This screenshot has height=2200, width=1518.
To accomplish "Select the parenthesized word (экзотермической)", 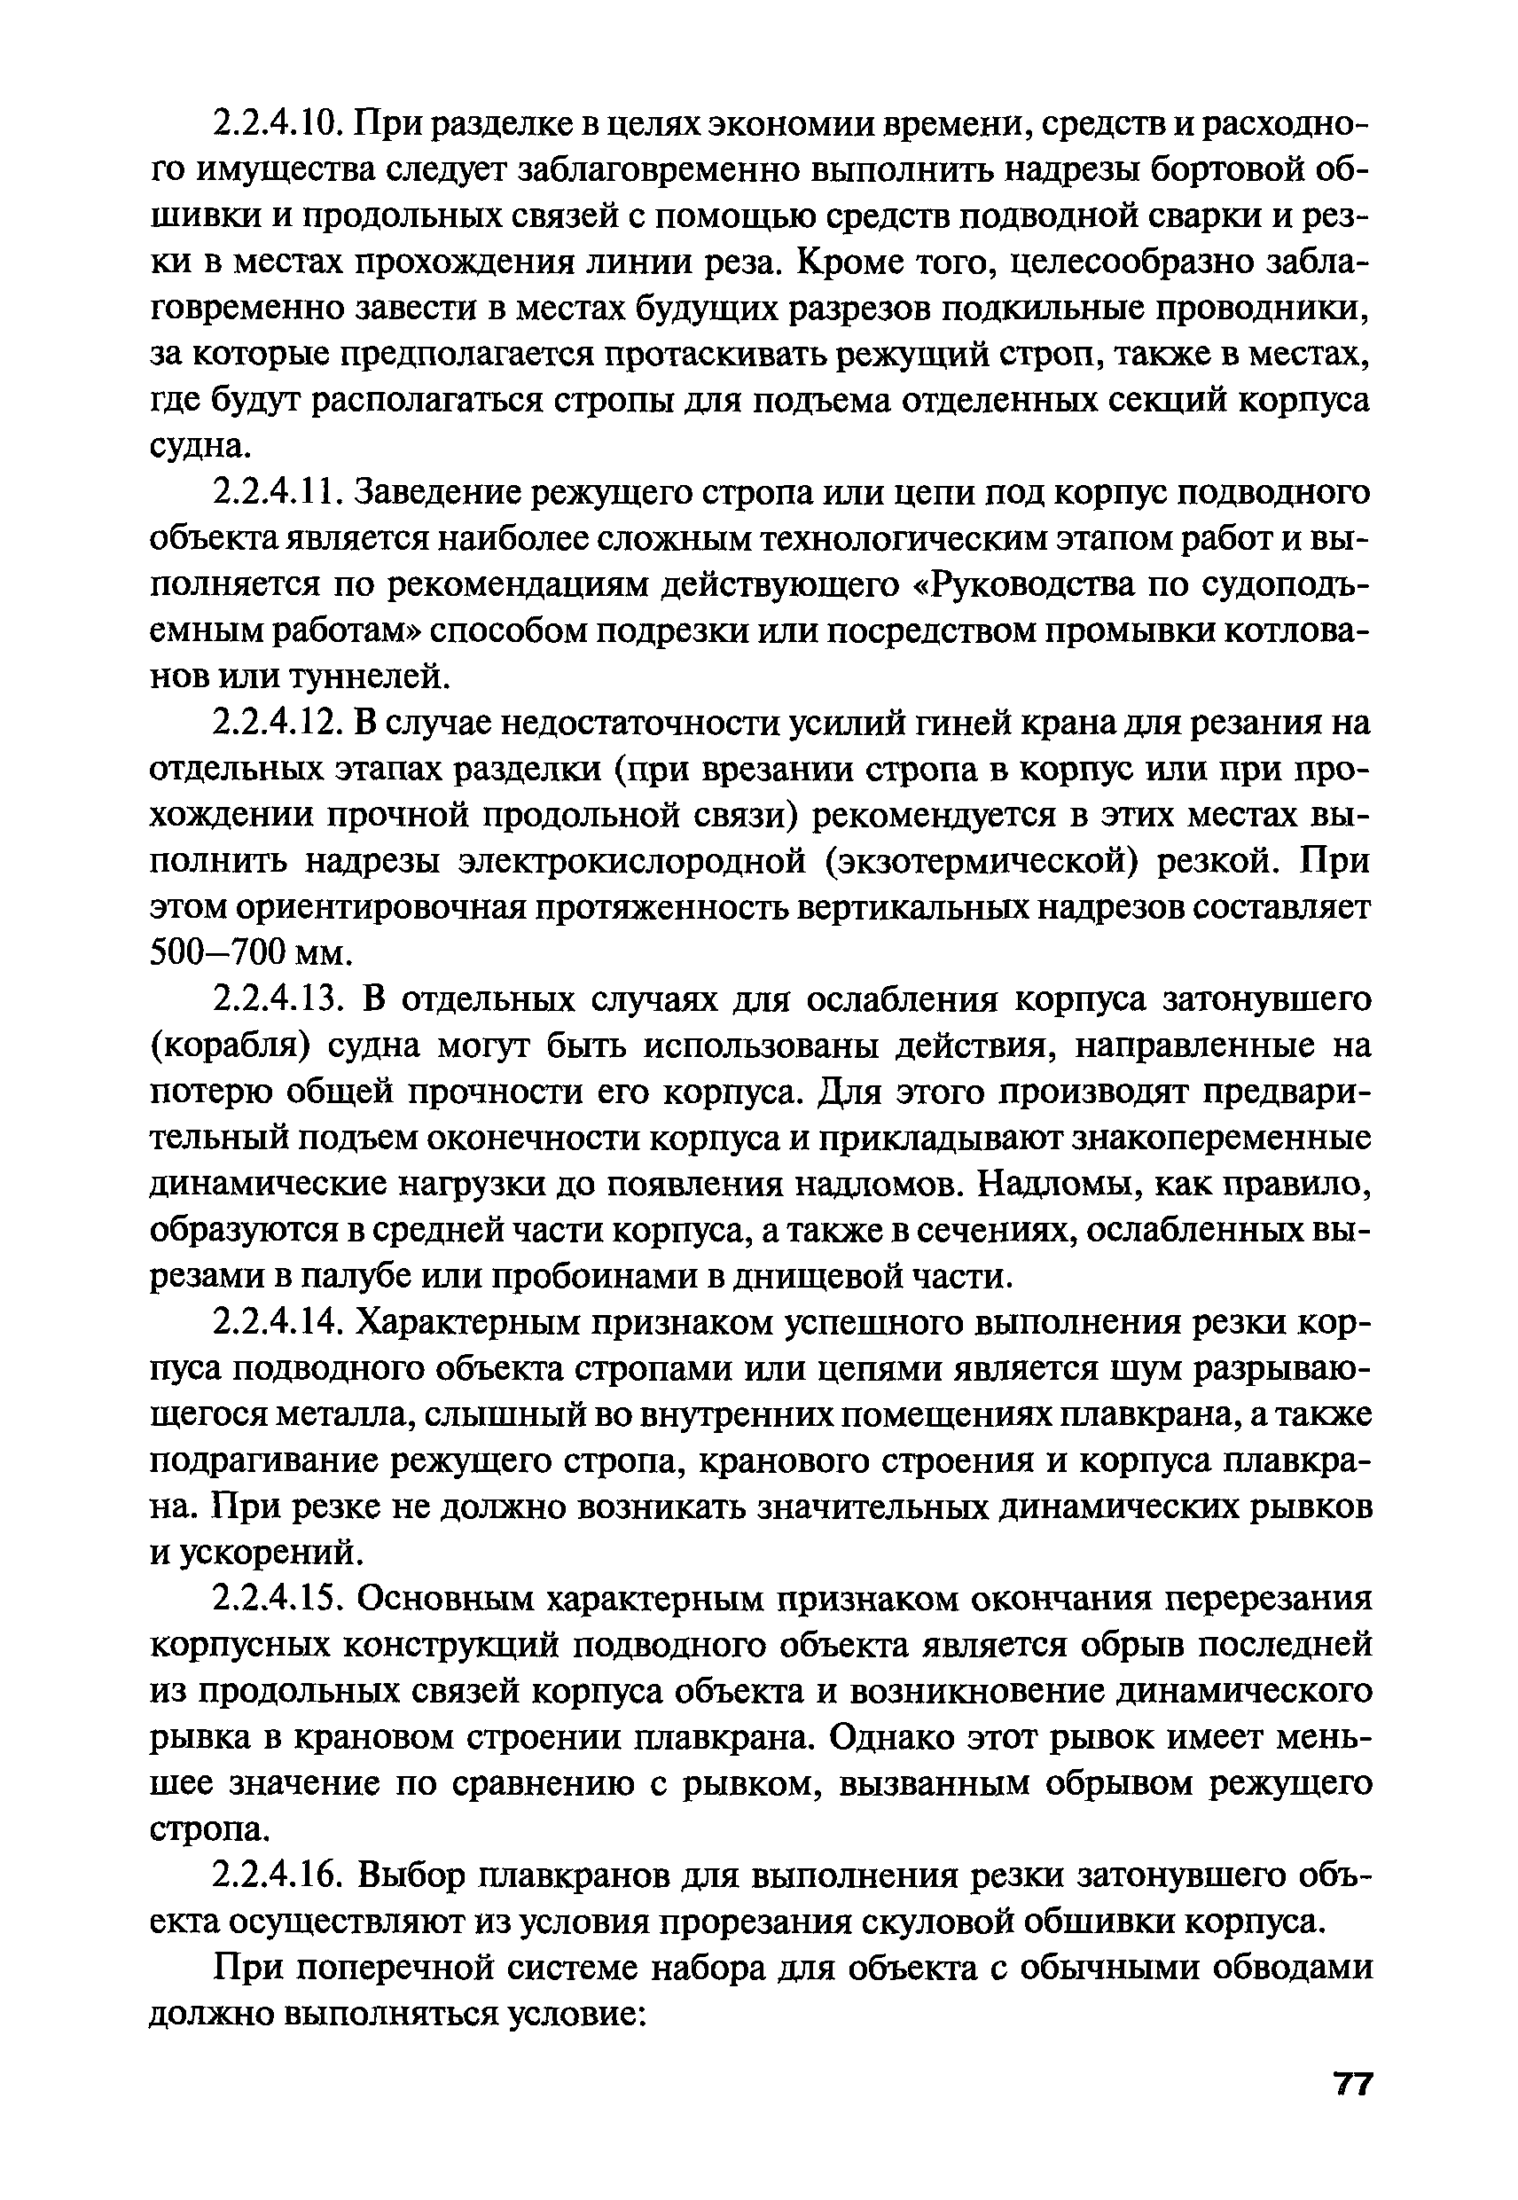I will (x=981, y=862).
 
